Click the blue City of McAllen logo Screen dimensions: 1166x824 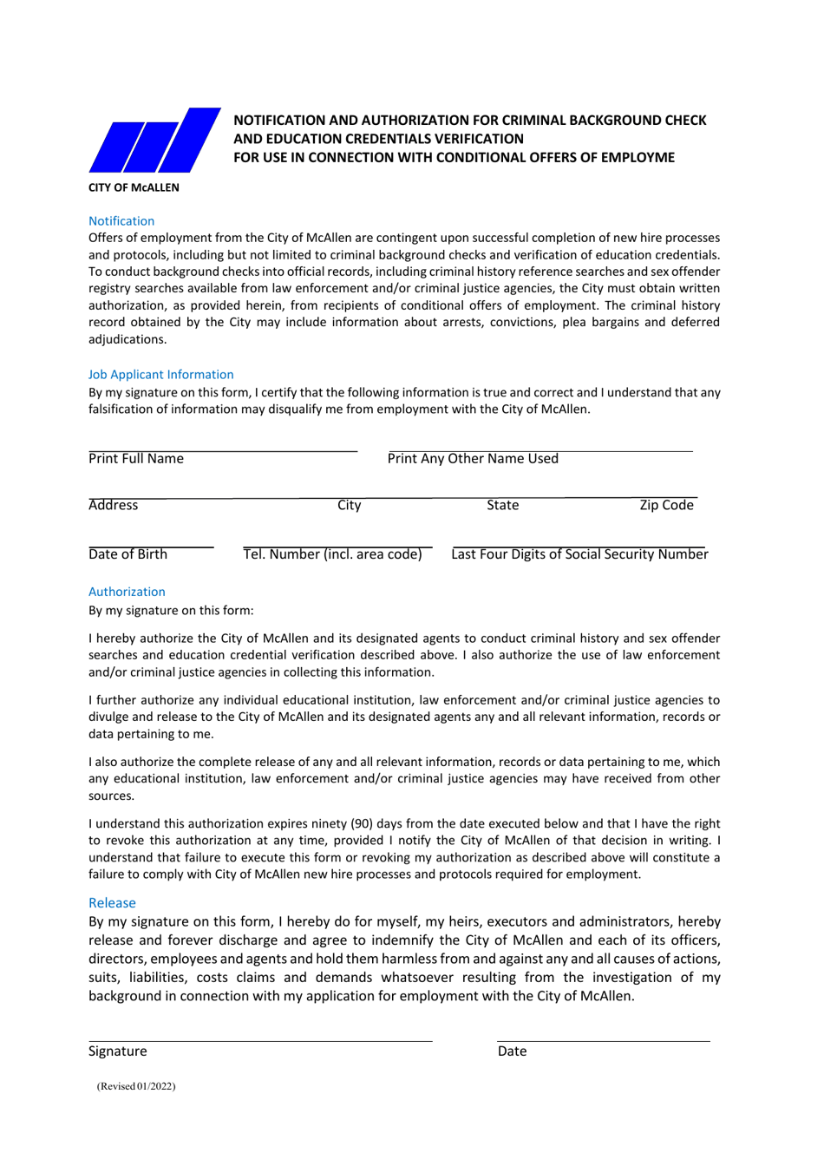click(154, 141)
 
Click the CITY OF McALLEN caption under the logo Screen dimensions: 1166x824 click(134, 187)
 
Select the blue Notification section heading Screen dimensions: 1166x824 click(121, 221)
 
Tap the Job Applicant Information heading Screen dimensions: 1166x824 click(160, 375)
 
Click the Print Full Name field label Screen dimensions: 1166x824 click(136, 459)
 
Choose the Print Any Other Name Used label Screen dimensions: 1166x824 click(473, 459)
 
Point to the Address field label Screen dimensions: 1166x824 click(113, 506)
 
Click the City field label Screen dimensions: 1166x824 click(350, 506)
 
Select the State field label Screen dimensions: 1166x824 click(502, 506)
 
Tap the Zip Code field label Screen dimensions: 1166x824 click(666, 506)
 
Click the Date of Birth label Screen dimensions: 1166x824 click(128, 554)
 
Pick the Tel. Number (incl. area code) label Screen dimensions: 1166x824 click(332, 554)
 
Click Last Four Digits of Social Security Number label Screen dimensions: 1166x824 click(579, 554)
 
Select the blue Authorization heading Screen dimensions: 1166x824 click(127, 592)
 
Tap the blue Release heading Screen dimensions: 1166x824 click(112, 903)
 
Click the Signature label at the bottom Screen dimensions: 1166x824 click(117, 1051)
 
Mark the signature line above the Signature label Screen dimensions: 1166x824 click(260, 1040)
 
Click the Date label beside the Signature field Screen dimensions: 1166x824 click(512, 1051)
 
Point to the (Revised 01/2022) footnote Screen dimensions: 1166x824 click(136, 1086)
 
